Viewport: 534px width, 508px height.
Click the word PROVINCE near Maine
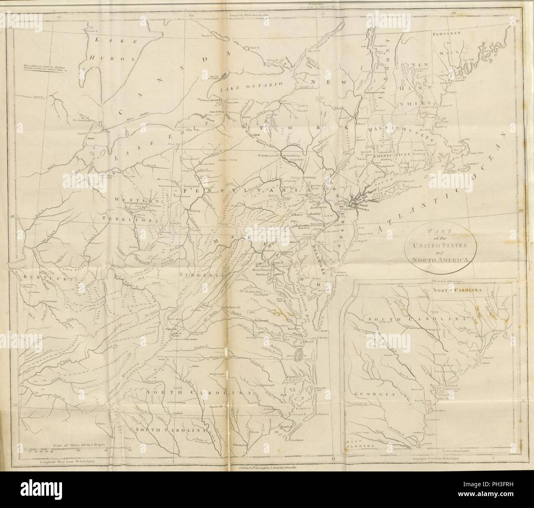click(449, 34)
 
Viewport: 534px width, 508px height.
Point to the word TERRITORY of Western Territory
click(131, 220)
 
